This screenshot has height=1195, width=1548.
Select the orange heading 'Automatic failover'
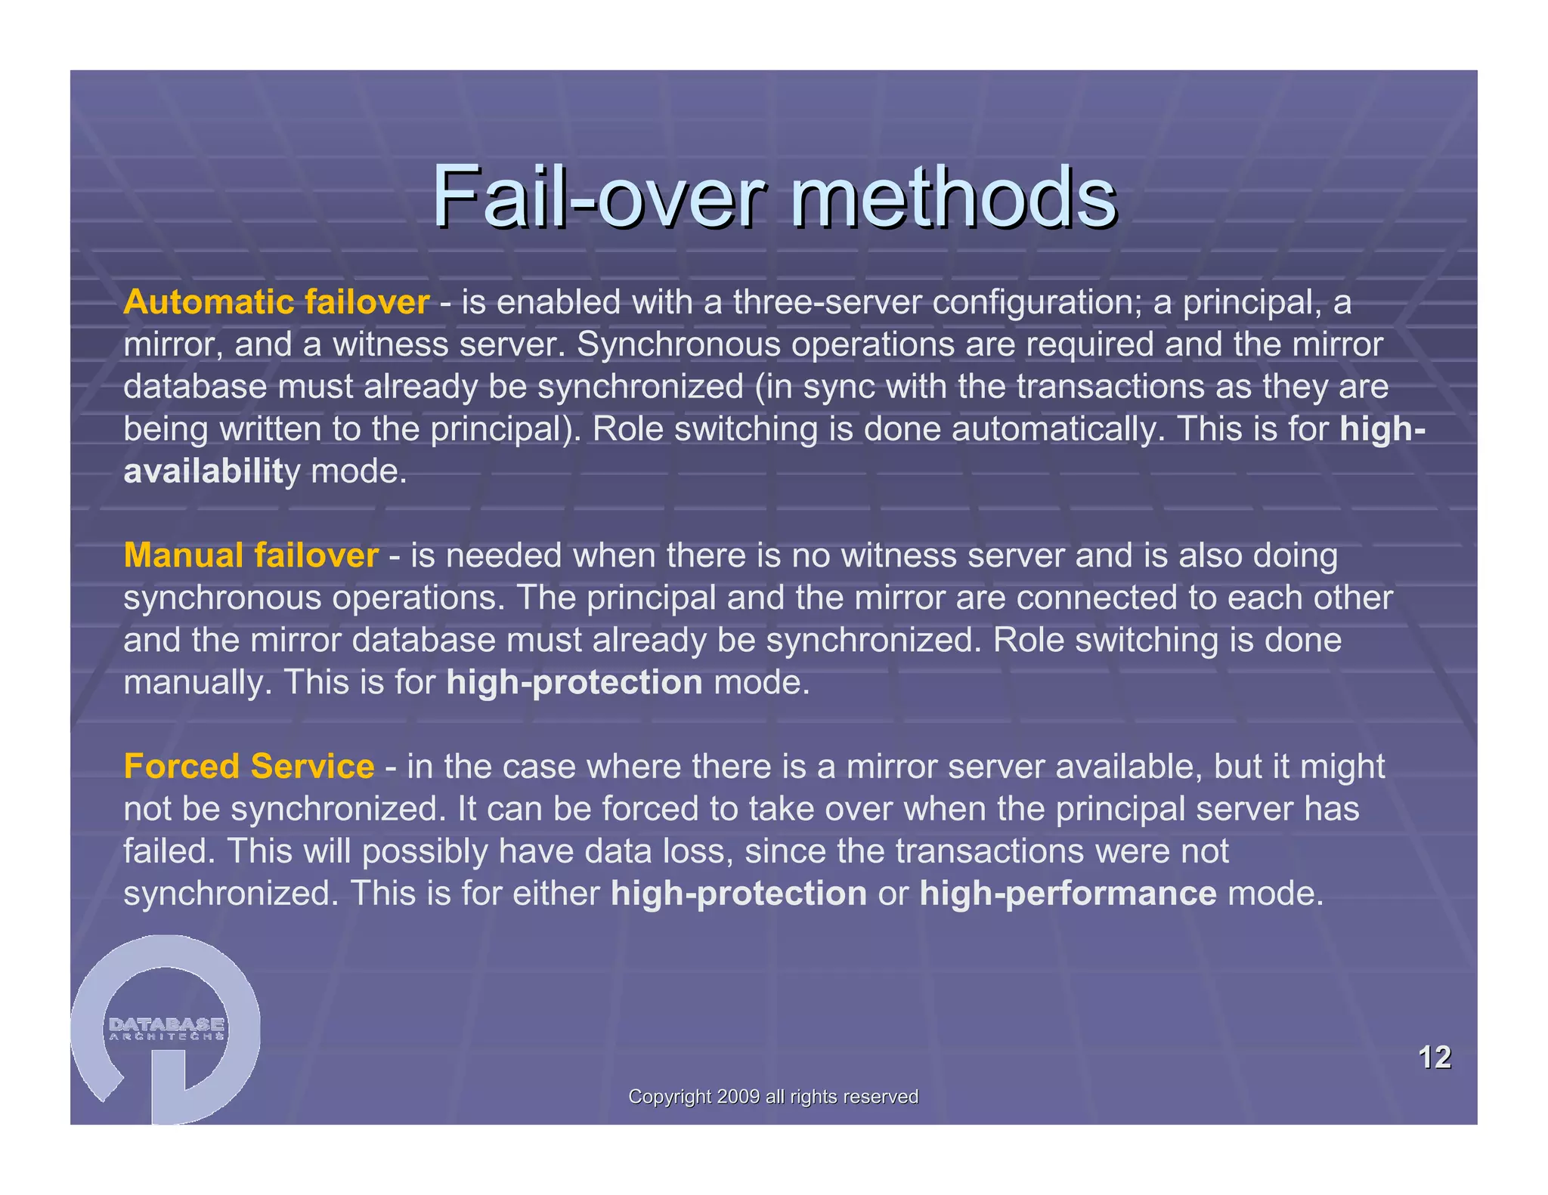tap(276, 302)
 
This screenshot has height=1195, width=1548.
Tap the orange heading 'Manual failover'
tap(251, 555)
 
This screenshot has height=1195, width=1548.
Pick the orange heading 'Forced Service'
tap(249, 766)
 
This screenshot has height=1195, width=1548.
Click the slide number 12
tap(1434, 1057)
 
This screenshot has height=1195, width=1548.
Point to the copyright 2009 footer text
tap(773, 1096)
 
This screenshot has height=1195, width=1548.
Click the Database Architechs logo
tap(166, 1029)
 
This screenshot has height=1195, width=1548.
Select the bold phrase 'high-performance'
tap(1068, 894)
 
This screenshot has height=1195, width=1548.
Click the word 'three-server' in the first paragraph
tap(827, 302)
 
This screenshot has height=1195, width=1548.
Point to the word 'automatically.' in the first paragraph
tap(1054, 429)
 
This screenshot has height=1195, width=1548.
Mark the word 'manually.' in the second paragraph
tap(197, 682)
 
